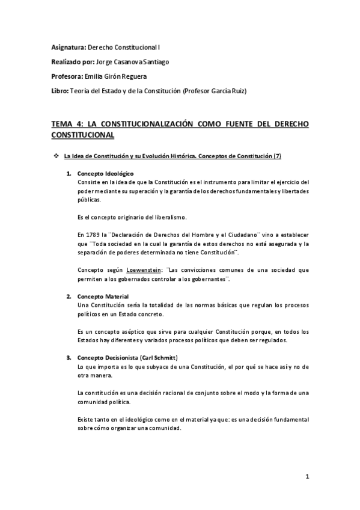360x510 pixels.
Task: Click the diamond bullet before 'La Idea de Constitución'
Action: point(56,156)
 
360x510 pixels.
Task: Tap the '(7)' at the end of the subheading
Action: point(277,157)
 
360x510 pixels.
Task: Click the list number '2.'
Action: point(70,297)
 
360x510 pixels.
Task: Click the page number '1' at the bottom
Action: point(307,478)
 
